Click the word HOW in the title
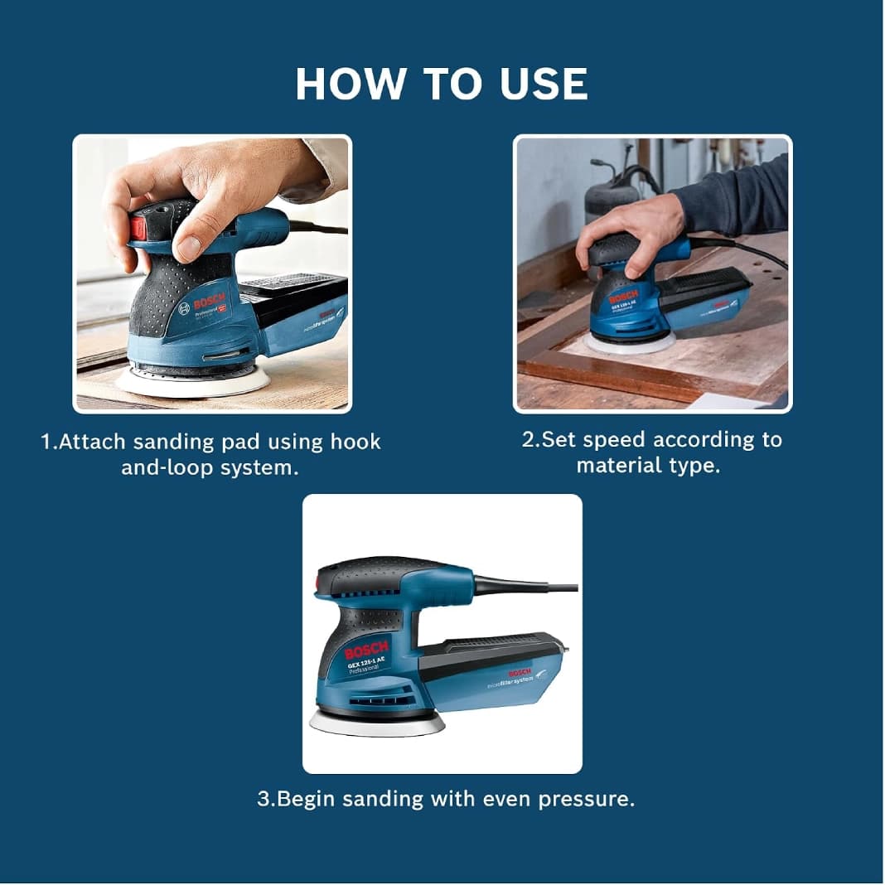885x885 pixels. (350, 84)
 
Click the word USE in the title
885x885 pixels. (544, 84)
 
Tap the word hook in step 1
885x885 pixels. (355, 442)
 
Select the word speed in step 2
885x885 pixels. (614, 440)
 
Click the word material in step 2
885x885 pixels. (617, 466)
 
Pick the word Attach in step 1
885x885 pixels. (92, 442)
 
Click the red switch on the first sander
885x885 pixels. (138, 229)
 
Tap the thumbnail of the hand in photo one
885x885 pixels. (190, 246)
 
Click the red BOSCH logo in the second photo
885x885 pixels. (624, 297)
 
